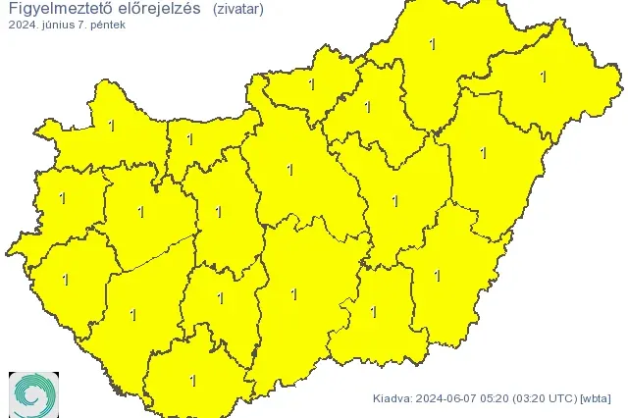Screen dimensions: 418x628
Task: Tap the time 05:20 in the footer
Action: [502, 398]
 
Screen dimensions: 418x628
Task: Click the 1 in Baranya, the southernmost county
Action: [192, 381]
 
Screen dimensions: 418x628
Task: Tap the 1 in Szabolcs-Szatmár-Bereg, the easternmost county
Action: [543, 76]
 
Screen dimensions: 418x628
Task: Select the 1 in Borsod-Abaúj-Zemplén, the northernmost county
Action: [432, 44]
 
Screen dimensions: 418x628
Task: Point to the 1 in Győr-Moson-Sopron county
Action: [111, 126]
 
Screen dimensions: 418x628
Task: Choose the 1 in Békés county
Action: [438, 276]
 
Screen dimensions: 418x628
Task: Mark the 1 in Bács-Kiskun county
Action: [293, 293]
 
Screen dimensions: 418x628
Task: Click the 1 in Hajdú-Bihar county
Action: [483, 153]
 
